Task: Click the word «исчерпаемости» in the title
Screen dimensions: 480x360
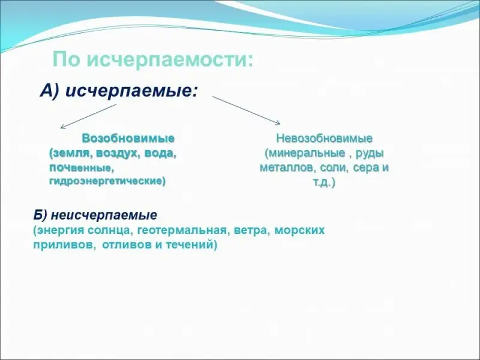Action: [170, 59]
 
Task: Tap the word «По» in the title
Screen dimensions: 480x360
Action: [67, 59]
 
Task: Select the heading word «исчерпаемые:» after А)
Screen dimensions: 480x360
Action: [132, 91]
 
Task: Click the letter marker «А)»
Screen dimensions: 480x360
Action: [50, 91]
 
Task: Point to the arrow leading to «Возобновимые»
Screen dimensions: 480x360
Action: [88, 116]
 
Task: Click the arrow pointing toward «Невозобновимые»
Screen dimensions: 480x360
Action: [246, 110]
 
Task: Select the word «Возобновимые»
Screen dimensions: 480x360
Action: [128, 139]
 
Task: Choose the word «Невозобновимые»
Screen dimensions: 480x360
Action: [324, 139]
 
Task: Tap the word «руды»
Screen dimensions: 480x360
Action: [369, 154]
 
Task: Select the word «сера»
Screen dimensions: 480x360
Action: [365, 168]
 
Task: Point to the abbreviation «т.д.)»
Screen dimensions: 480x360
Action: [324, 183]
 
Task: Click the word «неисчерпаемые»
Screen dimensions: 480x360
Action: [104, 215]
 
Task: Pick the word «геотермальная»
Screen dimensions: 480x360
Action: [182, 230]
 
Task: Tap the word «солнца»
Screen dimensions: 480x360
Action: [109, 230]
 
